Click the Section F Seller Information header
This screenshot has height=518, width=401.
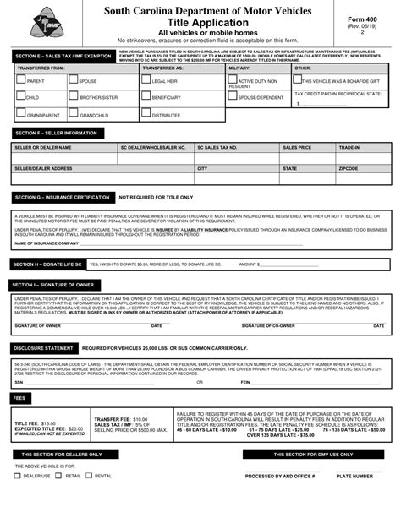[x=56, y=133]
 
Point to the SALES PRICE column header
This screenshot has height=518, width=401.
[x=297, y=147]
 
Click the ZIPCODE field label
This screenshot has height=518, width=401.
[x=349, y=168]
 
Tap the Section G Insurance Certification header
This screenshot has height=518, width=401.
[x=61, y=197]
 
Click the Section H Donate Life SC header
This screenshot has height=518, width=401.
[x=48, y=264]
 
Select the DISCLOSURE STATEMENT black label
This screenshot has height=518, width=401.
[x=44, y=348]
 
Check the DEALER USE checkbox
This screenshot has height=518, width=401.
[x=18, y=476]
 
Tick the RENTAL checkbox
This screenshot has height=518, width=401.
[x=90, y=476]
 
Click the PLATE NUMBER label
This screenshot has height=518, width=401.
[x=354, y=476]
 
